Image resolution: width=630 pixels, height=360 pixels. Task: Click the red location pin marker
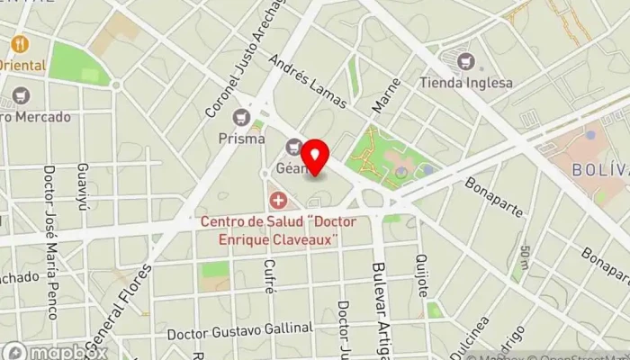click(x=314, y=154)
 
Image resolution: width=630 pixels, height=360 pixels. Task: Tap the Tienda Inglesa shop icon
click(x=466, y=61)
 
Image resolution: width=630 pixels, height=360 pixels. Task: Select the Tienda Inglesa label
click(x=466, y=83)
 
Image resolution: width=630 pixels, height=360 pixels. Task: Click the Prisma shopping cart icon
click(x=241, y=117)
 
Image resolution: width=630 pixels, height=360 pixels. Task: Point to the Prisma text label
click(x=241, y=139)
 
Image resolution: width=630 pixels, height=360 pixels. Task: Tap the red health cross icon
click(x=279, y=199)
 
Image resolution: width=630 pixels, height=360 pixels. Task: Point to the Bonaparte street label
click(x=494, y=197)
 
